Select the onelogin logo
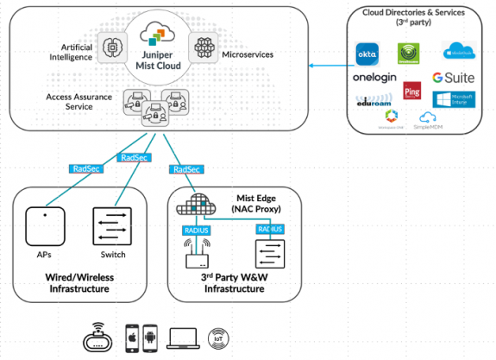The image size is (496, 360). click(x=374, y=78)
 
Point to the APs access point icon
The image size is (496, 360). click(x=41, y=226)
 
